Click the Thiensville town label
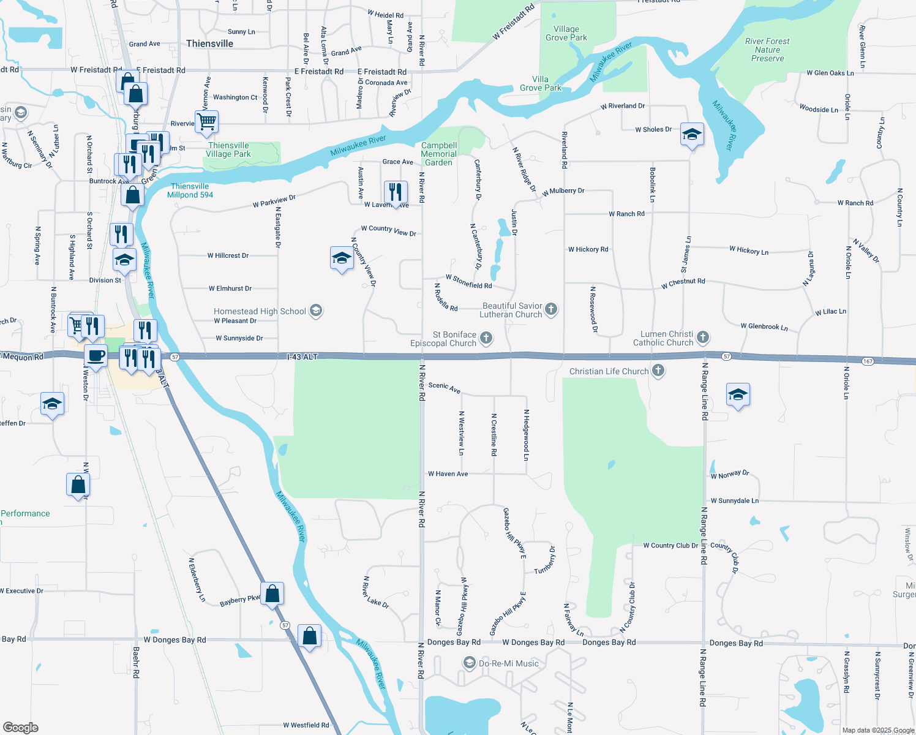[x=209, y=43]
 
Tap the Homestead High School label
[x=260, y=311]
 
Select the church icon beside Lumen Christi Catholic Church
[x=703, y=337]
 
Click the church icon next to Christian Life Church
[x=658, y=371]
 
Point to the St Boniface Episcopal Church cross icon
[x=486, y=337]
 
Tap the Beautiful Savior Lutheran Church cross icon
[x=551, y=309]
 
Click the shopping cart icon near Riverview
[x=206, y=121]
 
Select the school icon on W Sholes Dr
[x=691, y=134]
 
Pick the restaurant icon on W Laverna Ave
[x=396, y=192]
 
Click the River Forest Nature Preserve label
[x=767, y=50]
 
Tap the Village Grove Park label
[x=566, y=33]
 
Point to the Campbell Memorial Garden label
[x=439, y=154]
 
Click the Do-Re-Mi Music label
[x=509, y=663]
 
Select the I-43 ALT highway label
[x=302, y=356]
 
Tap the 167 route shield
[x=868, y=361]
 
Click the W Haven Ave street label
[x=448, y=473]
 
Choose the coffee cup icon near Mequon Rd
[x=96, y=355]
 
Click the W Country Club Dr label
[x=670, y=545]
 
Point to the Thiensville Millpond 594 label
[x=190, y=190]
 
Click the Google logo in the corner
[x=21, y=727]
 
